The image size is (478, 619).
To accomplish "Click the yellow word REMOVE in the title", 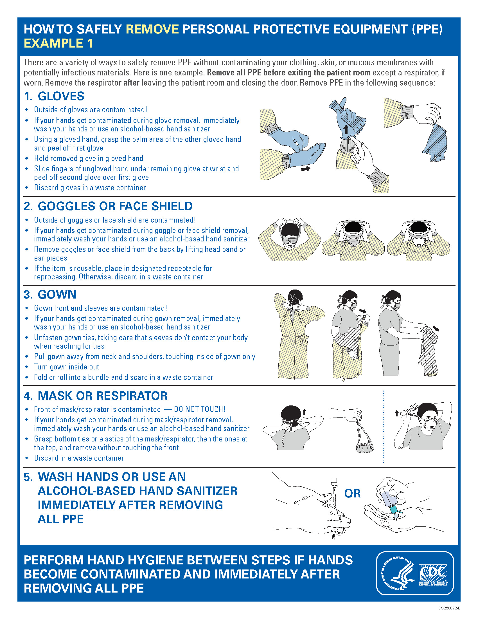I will click(x=152, y=29).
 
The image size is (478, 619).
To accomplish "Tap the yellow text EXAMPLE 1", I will click(x=58, y=43).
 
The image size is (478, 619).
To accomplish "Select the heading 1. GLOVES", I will click(x=54, y=96).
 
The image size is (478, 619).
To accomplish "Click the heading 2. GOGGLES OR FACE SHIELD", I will click(x=108, y=206).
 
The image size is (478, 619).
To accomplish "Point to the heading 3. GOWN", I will click(x=50, y=295).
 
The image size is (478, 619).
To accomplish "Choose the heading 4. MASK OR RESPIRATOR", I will click(x=95, y=396).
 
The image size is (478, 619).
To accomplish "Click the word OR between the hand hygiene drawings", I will click(x=352, y=494).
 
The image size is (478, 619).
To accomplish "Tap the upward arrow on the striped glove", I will click(x=346, y=130).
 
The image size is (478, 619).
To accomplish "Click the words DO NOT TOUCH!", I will click(x=200, y=409).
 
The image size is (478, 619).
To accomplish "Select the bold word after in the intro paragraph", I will click(x=131, y=83).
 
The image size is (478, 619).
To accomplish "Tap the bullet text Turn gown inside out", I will click(x=67, y=367).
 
